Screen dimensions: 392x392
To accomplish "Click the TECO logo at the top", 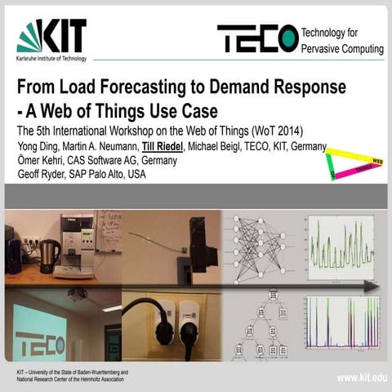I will [x=257, y=38].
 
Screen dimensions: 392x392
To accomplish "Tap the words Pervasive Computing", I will [x=342, y=49].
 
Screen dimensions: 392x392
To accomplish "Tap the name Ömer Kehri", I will [x=40, y=160].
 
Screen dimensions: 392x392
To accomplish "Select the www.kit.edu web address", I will [x=360, y=377].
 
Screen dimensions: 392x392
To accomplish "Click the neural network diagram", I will [x=261, y=243].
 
